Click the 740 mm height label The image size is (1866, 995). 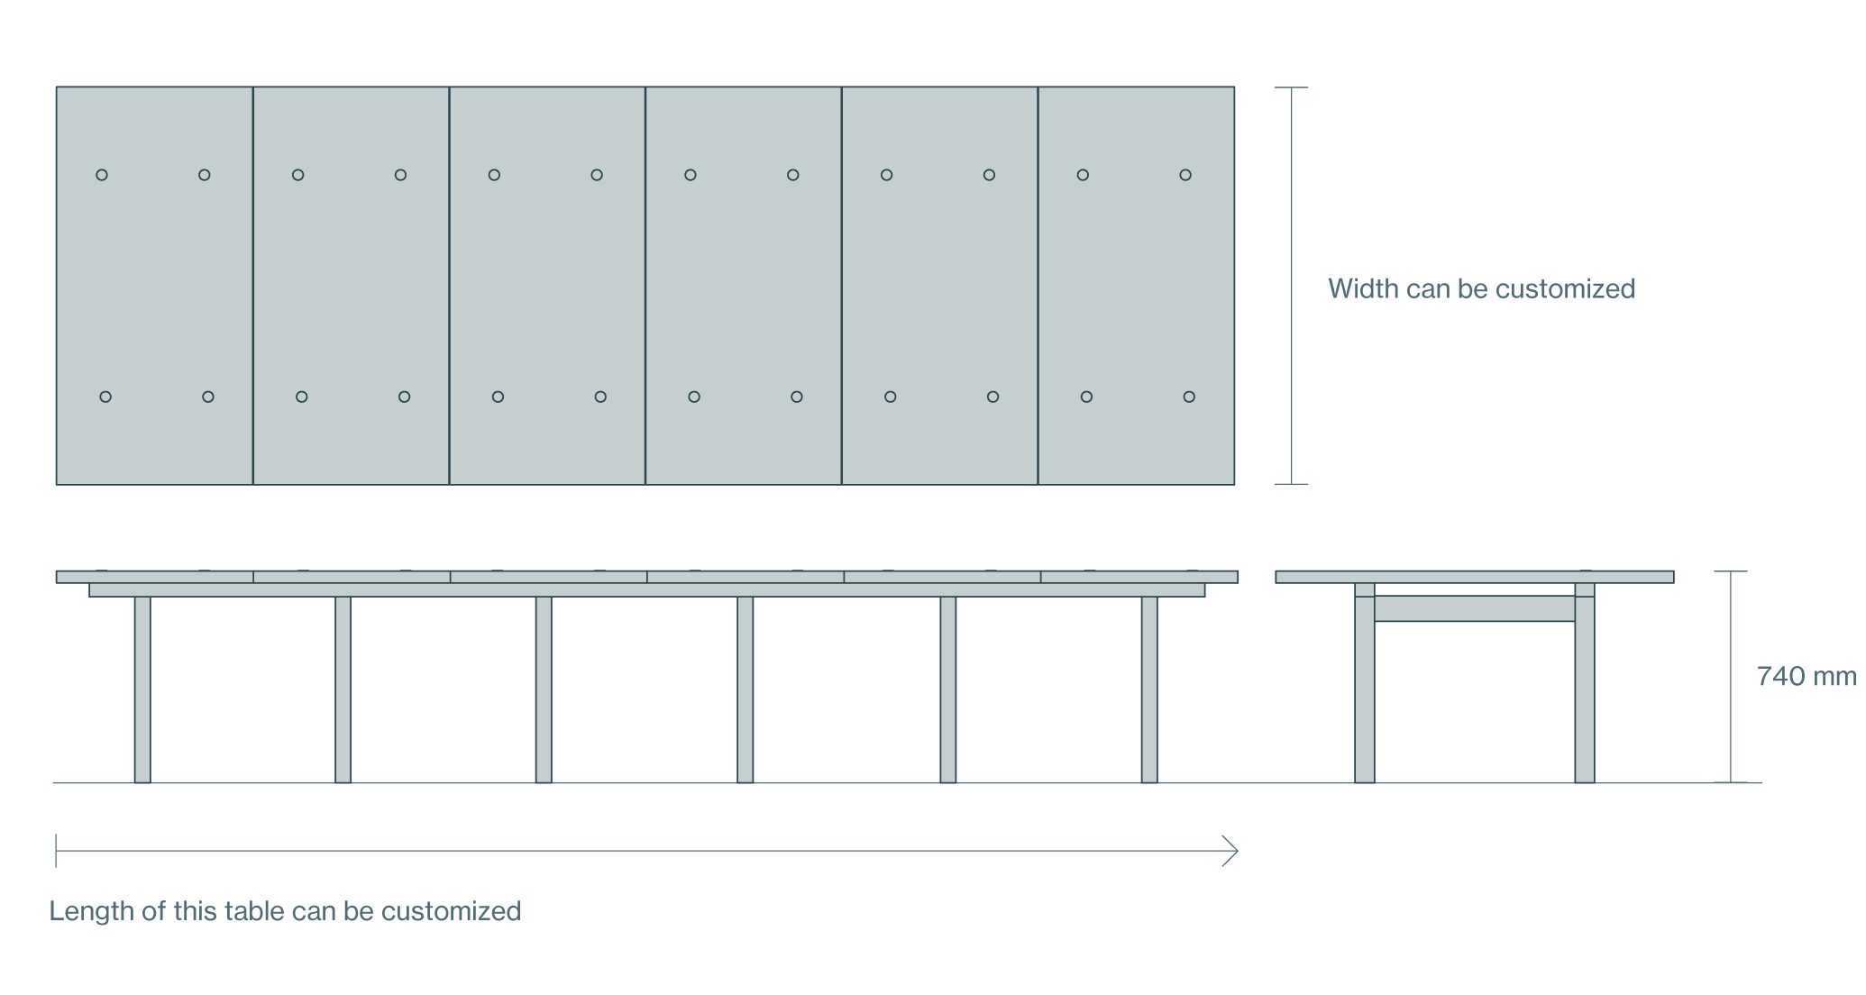1806,677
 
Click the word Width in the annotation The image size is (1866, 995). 1362,289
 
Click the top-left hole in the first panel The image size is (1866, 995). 102,175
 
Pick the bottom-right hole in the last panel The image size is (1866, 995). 1189,397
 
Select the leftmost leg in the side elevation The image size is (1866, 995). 142,689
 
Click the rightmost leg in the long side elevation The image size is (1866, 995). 1149,689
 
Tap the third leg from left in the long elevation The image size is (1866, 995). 544,689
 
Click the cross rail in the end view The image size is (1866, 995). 1475,608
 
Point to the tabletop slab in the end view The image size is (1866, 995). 1475,577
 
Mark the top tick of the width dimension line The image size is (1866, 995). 1292,87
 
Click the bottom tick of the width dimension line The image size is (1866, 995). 1292,484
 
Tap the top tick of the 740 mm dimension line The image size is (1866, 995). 1731,571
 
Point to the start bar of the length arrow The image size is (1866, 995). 56,851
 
